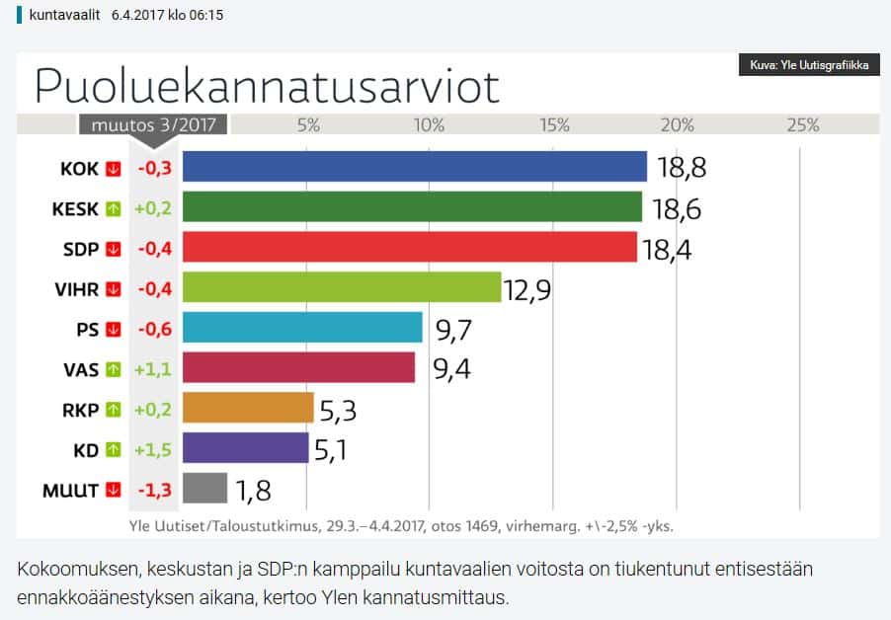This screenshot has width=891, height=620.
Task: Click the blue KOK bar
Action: click(415, 167)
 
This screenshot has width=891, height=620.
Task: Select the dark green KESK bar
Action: click(413, 207)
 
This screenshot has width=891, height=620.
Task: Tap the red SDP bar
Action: click(410, 248)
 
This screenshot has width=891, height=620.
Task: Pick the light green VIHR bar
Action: click(342, 287)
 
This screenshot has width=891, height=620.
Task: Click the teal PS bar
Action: click(302, 328)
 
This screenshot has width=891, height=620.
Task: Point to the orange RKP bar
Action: click(248, 408)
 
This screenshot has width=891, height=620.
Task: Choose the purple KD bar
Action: click(246, 448)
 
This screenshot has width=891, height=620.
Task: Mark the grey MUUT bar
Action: click(205, 489)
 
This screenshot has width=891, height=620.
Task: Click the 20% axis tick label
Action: click(678, 125)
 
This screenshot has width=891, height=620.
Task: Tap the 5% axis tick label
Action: click(308, 125)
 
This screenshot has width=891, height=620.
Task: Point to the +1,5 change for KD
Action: click(152, 449)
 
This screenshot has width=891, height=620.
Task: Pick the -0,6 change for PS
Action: click(154, 329)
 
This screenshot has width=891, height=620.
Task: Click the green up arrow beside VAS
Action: click(113, 369)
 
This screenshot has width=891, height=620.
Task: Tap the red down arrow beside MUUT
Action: click(113, 490)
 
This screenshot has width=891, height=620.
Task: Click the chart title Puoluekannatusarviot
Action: click(267, 86)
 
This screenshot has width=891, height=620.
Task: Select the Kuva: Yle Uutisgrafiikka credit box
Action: click(809, 66)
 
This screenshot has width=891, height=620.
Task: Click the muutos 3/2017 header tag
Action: click(153, 125)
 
